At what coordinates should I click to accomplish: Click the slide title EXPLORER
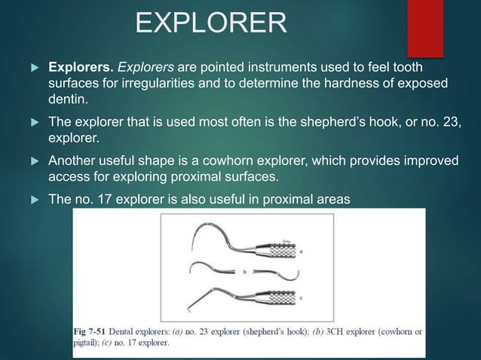pyautogui.click(x=210, y=23)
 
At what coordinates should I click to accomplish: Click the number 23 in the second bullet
pyautogui.click(x=446, y=122)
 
